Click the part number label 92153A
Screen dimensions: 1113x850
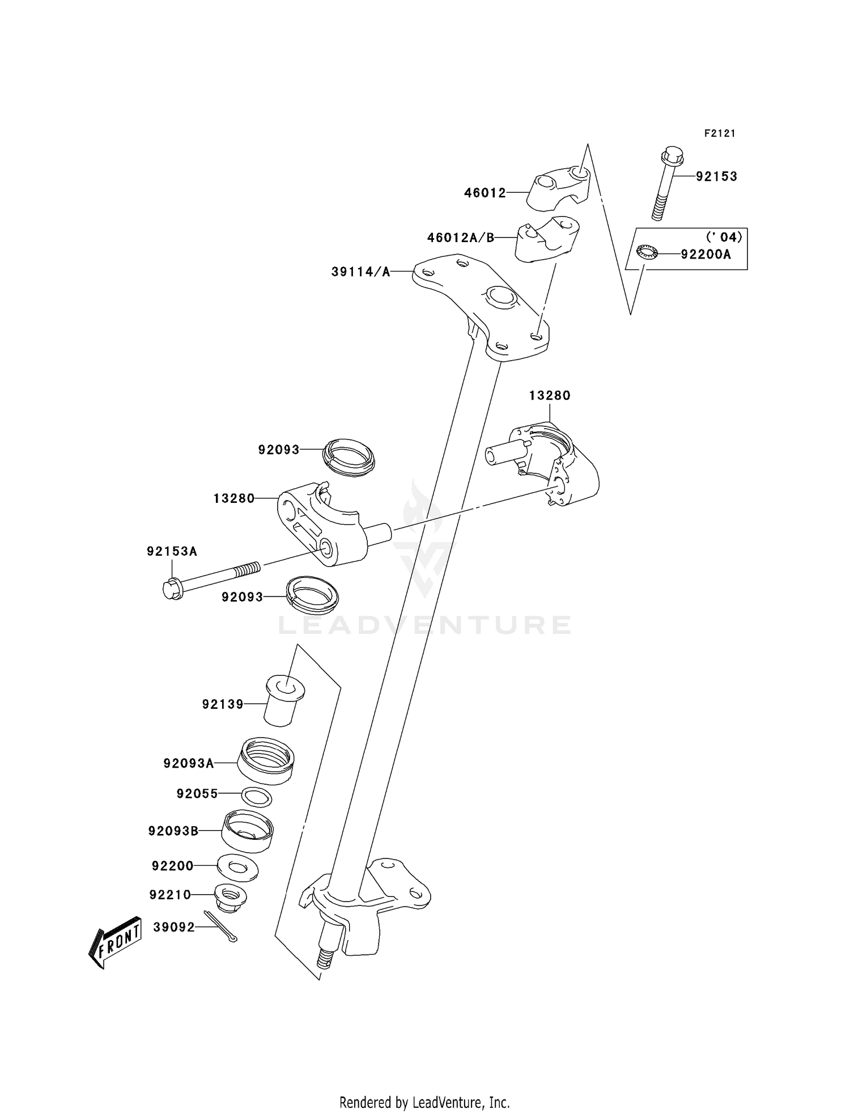(172, 551)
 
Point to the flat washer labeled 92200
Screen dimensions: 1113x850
(238, 867)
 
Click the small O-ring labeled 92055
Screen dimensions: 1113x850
(257, 797)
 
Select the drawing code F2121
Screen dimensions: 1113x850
(720, 133)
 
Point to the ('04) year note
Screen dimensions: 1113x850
(724, 236)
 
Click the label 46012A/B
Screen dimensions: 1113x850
(461, 238)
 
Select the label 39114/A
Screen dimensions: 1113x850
(361, 272)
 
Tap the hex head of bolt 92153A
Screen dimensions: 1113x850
(171, 589)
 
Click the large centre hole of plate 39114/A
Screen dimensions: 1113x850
(499, 295)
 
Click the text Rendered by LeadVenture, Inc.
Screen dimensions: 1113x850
(424, 1103)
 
